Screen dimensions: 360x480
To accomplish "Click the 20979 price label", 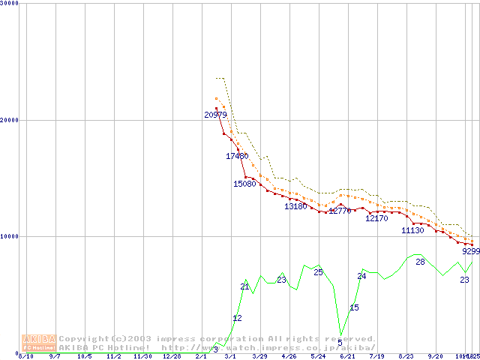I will [215, 115].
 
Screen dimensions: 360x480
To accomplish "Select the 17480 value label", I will [237, 156].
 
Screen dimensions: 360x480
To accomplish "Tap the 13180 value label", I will [295, 206].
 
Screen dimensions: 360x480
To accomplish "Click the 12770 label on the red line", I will [340, 211].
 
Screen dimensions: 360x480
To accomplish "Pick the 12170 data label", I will [376, 219].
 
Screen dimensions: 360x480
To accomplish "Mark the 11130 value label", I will [412, 230].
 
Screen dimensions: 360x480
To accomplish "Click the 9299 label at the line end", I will [470, 252].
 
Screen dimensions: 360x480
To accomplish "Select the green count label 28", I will [420, 262].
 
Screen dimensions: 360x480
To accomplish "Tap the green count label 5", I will [340, 343].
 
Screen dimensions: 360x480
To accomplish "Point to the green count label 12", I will [237, 319].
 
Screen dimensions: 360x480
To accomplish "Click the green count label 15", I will [354, 307].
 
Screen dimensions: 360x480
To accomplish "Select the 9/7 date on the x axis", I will [55, 356].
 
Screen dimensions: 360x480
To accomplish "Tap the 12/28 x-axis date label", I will [172, 356].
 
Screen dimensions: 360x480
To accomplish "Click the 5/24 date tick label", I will [318, 356].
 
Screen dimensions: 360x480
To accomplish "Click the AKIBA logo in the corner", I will [40, 342].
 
